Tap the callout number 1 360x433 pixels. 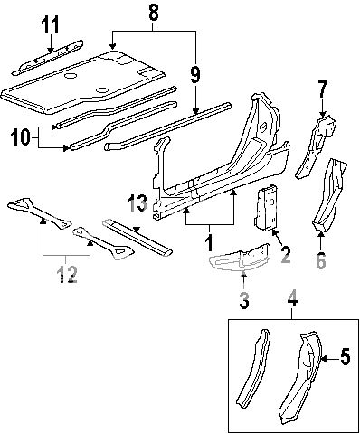coord(211,243)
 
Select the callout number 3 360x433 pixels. coord(243,301)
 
